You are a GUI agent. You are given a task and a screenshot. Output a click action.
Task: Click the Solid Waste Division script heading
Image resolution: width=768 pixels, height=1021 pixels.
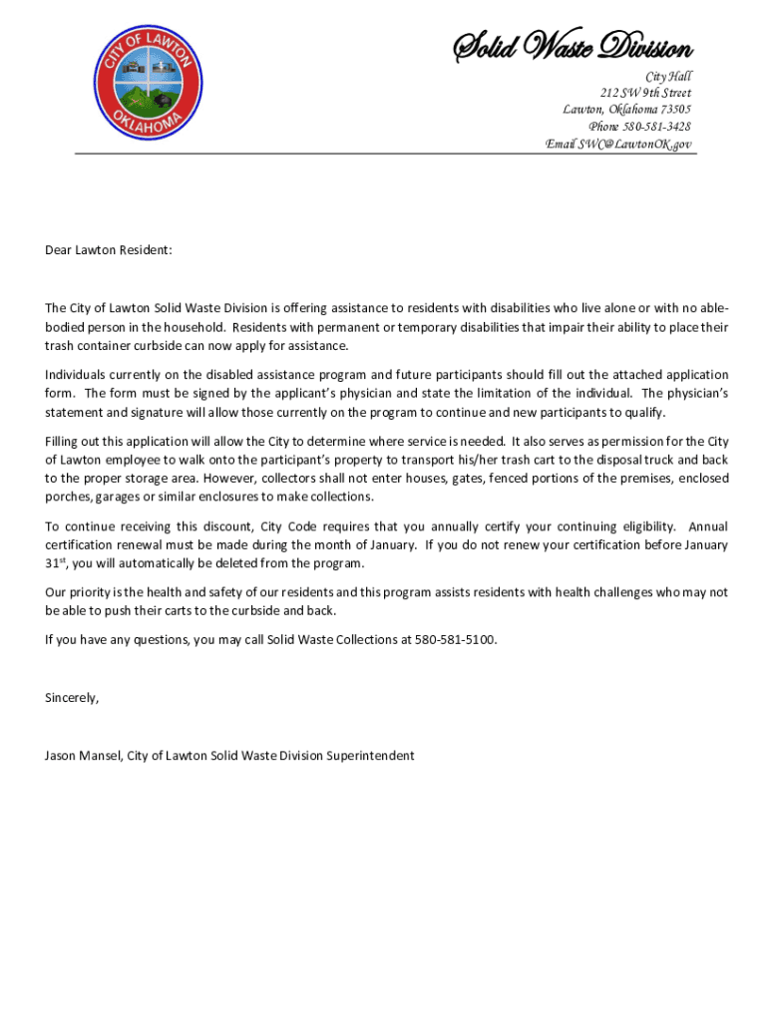tap(573, 47)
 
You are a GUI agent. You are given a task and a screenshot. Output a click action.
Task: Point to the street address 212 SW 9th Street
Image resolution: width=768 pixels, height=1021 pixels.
tap(640, 93)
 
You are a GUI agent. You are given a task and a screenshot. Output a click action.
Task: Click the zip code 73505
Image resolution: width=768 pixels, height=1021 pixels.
tap(673, 110)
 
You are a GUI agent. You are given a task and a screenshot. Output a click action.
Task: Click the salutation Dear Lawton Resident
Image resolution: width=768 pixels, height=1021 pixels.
tap(109, 250)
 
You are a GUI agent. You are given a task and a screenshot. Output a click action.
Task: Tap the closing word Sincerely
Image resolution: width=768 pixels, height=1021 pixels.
tap(72, 698)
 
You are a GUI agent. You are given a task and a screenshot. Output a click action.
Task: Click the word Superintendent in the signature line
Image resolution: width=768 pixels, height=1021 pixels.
tap(371, 756)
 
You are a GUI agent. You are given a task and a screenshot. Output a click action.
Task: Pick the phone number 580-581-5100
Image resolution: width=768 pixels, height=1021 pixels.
tap(455, 639)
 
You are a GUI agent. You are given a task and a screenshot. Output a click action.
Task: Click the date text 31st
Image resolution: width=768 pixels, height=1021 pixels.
tap(55, 563)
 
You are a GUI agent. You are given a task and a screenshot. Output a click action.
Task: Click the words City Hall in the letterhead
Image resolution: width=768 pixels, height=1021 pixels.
tap(668, 77)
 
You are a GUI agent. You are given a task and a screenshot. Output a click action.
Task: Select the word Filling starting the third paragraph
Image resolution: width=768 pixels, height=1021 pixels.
tap(63, 441)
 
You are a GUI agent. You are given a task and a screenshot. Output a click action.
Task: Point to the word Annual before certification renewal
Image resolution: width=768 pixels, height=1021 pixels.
tap(708, 526)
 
